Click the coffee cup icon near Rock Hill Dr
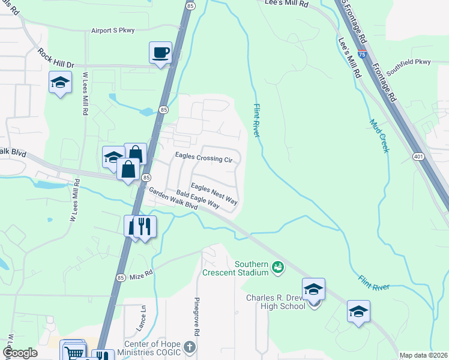[x=161, y=53]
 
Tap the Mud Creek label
[x=379, y=136]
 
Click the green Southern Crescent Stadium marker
[x=277, y=266]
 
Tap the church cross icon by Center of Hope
[x=190, y=347]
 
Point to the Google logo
[x=20, y=353]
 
